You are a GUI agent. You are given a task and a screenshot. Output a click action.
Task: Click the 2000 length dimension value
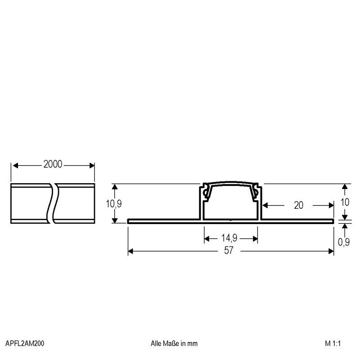click(53, 165)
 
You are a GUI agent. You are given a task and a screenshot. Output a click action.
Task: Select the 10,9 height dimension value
click(113, 203)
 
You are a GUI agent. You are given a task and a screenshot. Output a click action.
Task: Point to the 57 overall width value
click(229, 251)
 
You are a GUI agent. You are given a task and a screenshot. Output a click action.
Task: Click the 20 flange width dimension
click(298, 205)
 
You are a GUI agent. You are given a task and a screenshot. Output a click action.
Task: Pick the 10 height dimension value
click(344, 202)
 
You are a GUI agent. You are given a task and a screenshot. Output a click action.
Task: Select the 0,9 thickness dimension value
click(344, 243)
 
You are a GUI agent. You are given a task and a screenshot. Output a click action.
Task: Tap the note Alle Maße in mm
click(174, 343)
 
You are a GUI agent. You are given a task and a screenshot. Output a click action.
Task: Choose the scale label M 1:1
click(334, 343)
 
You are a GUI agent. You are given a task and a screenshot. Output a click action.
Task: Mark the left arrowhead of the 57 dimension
click(131, 251)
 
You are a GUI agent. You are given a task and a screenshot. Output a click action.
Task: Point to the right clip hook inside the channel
click(256, 192)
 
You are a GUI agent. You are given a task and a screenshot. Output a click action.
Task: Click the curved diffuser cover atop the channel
click(231, 184)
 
